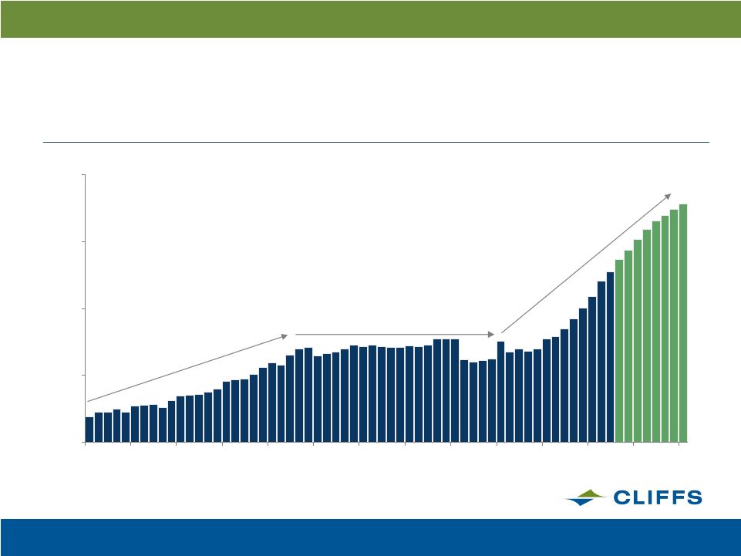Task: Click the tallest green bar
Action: [683, 323]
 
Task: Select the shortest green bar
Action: [619, 351]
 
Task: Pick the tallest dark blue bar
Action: [610, 357]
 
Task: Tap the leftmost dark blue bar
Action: [89, 430]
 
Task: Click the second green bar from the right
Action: [674, 325]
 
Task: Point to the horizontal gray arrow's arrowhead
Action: [491, 334]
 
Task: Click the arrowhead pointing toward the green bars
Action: [668, 196]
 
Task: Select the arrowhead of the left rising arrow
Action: [285, 336]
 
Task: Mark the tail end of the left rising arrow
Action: [88, 402]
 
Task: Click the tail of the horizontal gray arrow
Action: [296, 334]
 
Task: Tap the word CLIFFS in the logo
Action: [658, 497]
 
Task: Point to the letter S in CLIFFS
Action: [694, 497]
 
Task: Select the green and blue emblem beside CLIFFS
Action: [586, 497]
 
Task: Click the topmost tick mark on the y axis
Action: [83, 175]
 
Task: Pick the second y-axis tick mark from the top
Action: [83, 241]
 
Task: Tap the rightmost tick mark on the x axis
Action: [679, 443]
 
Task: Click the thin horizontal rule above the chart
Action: [376, 142]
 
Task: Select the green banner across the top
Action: [370, 19]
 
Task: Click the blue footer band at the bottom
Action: [370, 537]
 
